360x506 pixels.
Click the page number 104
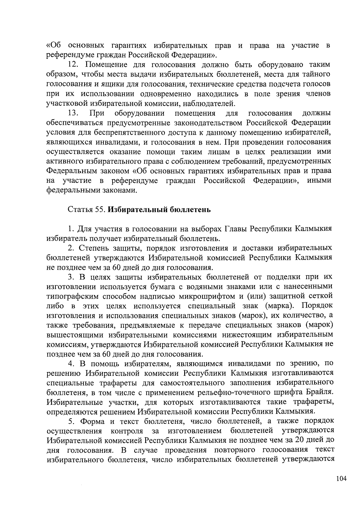[x=341, y=478]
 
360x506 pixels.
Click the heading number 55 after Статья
[x=100, y=209]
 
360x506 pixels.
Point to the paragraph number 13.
[x=73, y=113]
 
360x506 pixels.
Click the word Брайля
[x=319, y=393]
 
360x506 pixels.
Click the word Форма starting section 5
[x=93, y=421]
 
